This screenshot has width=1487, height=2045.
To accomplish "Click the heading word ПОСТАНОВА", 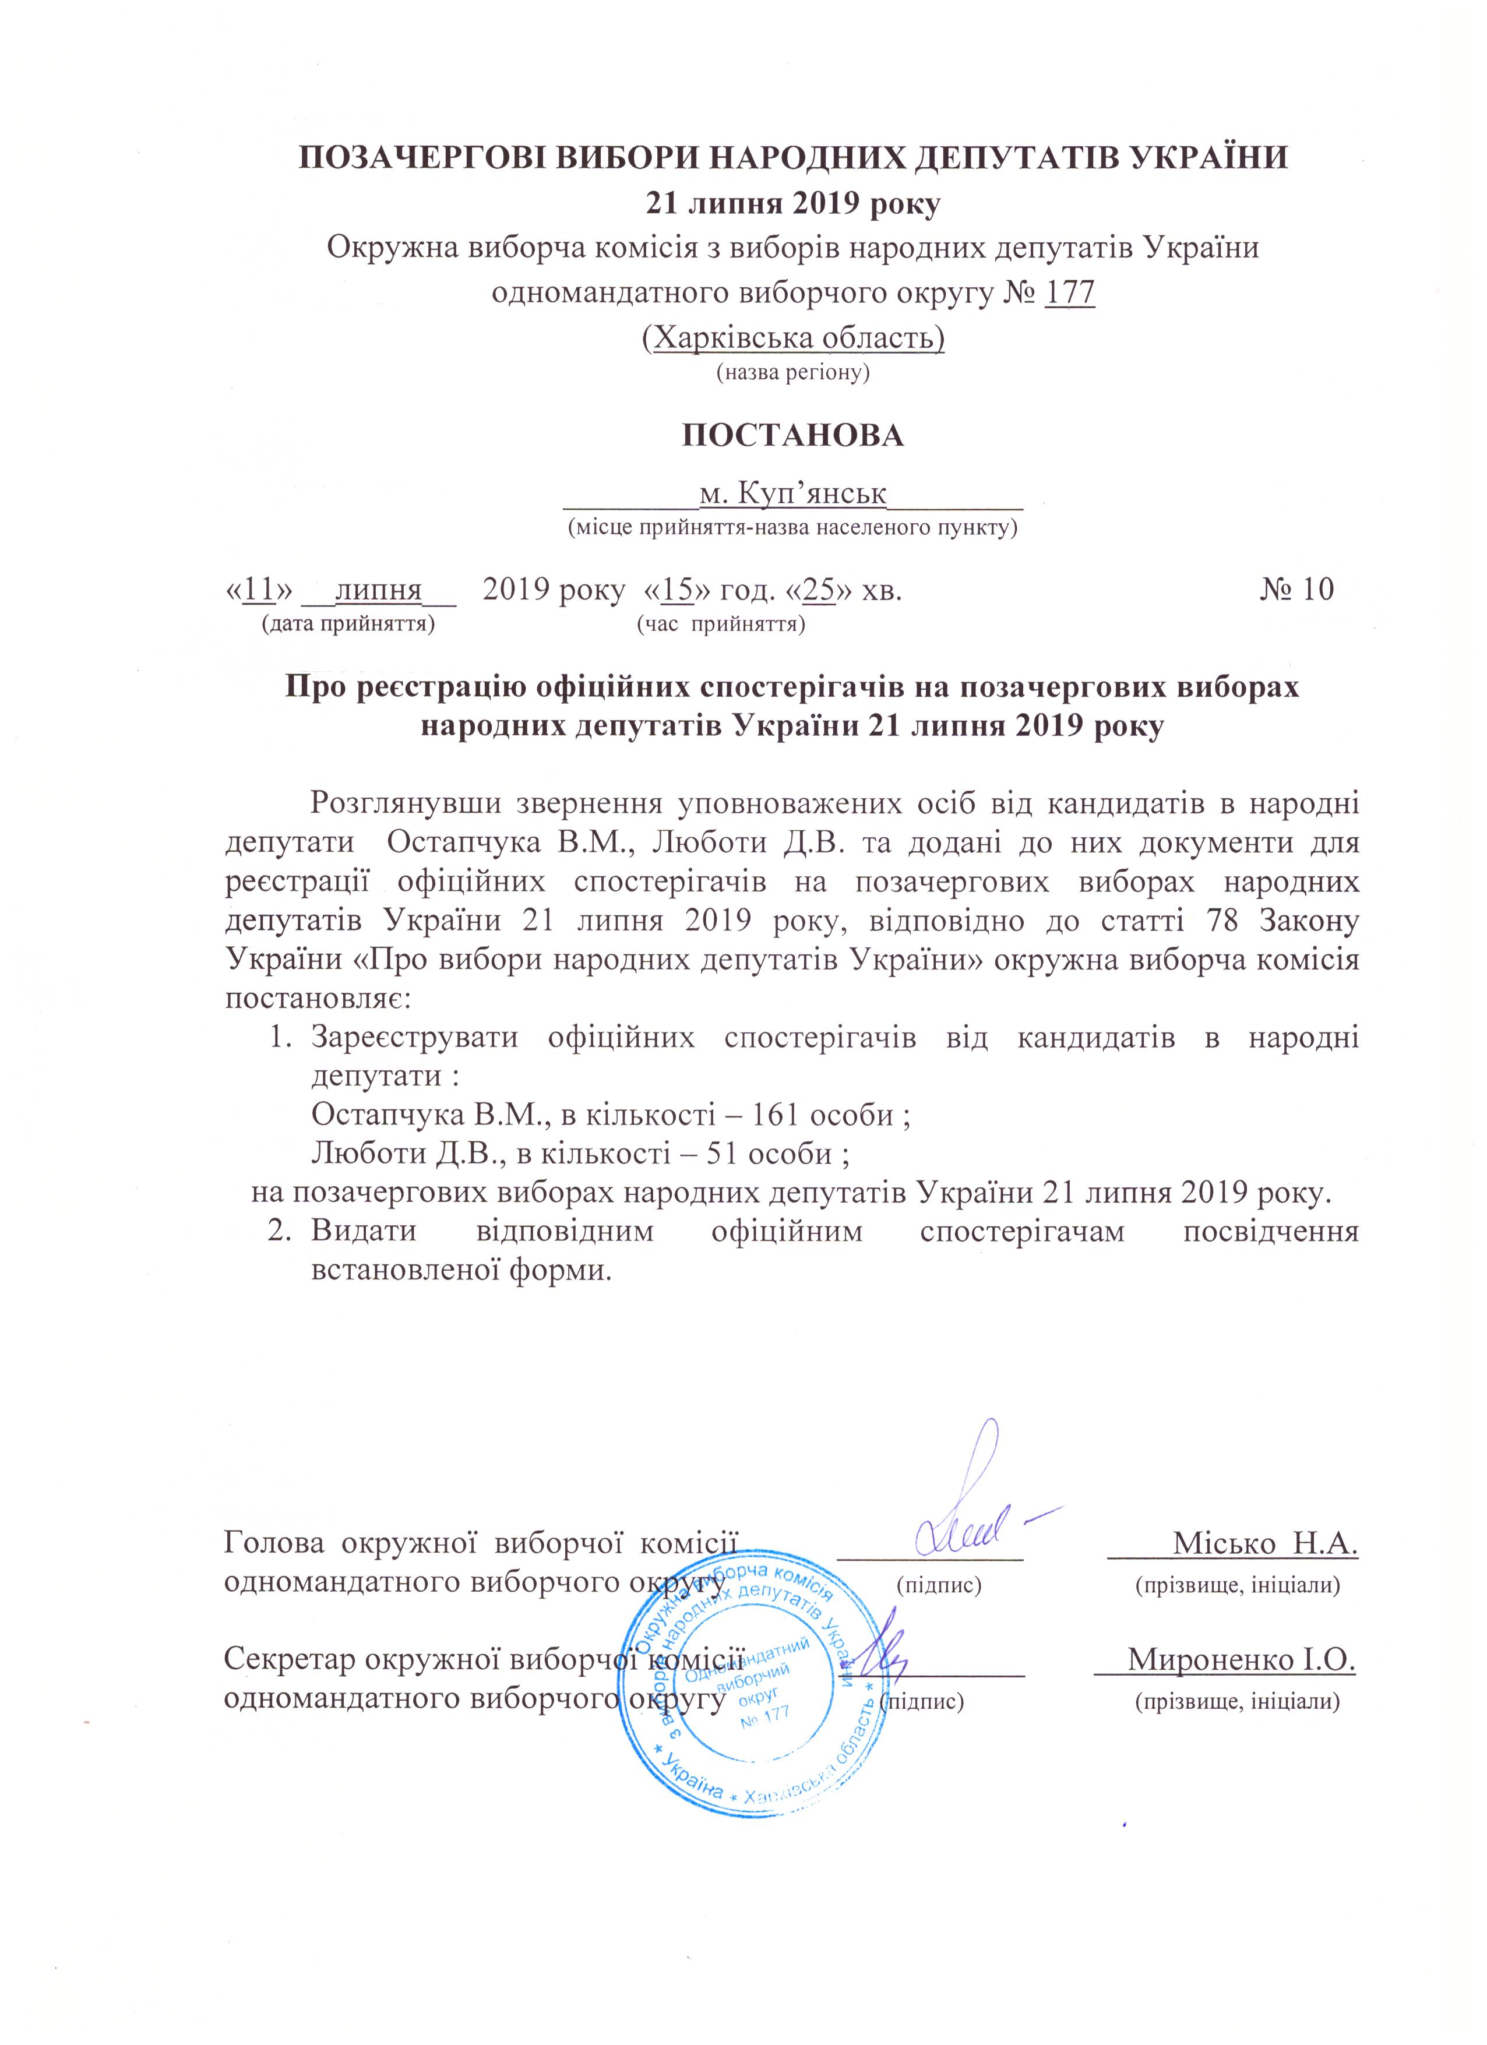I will coord(792,436).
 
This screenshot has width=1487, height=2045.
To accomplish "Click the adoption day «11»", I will coord(259,591).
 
